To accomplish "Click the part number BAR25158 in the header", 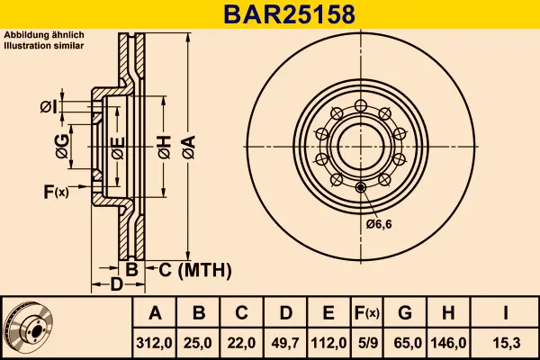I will coord(269,14).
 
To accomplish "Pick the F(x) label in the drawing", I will coord(55,191).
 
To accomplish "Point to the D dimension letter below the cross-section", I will coord(116,285).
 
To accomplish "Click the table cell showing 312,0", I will coord(155,342).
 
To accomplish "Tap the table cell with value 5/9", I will coord(366,342).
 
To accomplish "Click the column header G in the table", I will coord(404,313).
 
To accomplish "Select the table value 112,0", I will coord(328,342).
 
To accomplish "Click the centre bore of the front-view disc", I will coord(360,145).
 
